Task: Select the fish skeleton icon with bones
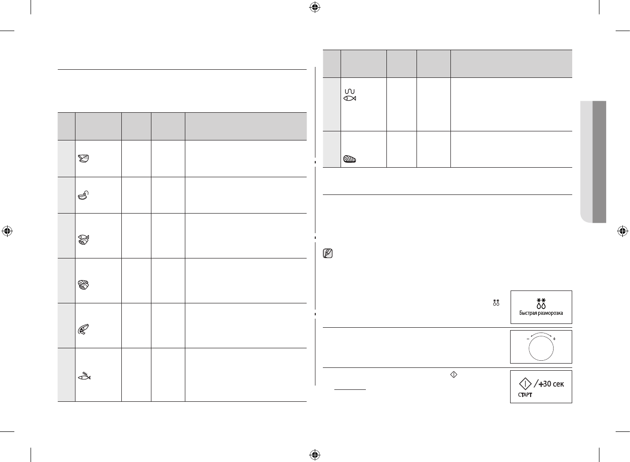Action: [x=84, y=376]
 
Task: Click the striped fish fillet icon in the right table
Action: [x=350, y=160]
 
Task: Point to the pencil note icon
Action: [x=328, y=254]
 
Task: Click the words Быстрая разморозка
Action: [x=541, y=313]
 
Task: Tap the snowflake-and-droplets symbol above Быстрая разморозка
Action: [x=541, y=302]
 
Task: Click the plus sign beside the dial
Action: [x=554, y=338]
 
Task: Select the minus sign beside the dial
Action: [x=528, y=338]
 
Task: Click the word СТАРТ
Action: [x=525, y=395]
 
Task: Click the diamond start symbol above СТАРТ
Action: [x=525, y=383]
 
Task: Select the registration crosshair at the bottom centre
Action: [x=314, y=454]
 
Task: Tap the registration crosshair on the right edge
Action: [x=622, y=231]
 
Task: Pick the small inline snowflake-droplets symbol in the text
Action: [x=496, y=302]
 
